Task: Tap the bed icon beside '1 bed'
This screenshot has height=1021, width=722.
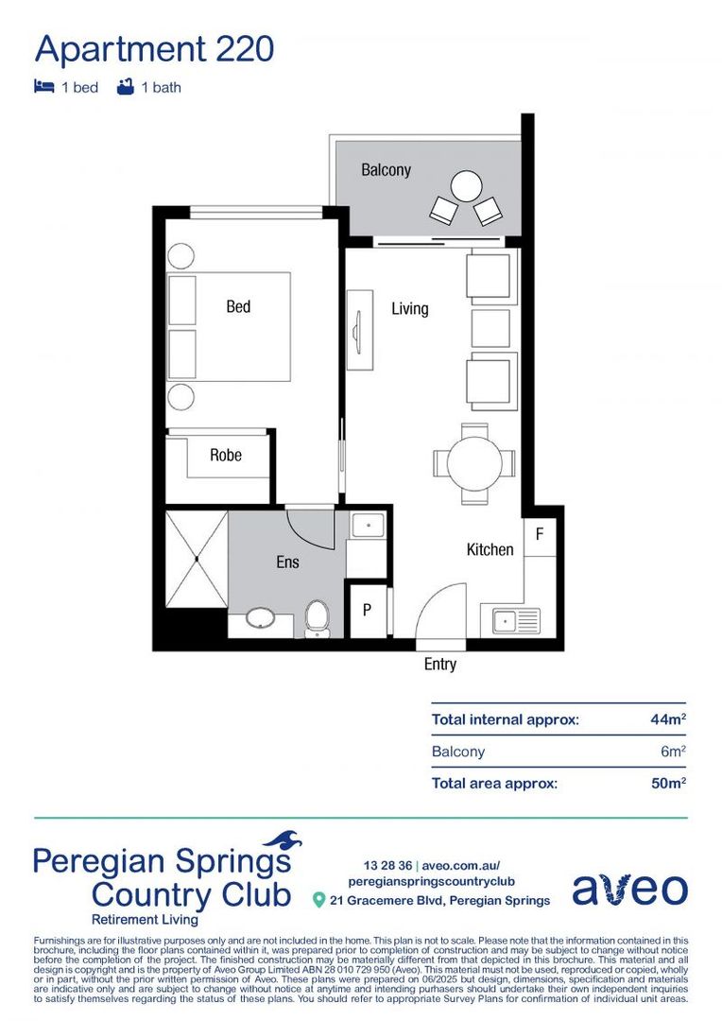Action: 43,87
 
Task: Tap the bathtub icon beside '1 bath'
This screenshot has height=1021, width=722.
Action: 124,87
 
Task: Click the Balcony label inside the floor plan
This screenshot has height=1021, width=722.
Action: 386,170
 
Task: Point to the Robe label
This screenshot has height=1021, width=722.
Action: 226,456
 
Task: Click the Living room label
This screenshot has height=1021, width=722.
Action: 410,308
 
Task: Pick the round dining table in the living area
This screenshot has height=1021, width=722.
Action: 473,463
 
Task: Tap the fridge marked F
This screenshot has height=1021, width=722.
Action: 540,534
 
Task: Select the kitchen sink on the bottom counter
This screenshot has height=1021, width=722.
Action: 515,621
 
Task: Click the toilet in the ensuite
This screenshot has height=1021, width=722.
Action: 318,619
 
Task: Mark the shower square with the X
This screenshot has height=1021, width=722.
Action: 197,559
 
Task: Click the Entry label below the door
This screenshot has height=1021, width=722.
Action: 439,665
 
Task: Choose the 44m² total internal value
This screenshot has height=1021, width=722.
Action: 667,719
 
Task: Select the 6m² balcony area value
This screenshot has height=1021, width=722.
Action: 672,752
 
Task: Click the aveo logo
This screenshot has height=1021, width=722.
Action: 629,889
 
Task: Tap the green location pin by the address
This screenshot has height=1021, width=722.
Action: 318,900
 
